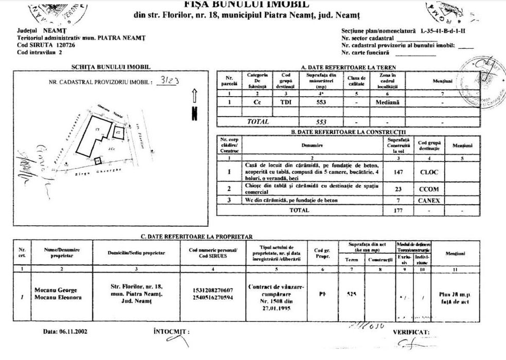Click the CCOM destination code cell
429,189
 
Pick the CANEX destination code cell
428,200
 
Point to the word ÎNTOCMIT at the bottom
169,332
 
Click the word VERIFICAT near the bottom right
411,332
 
